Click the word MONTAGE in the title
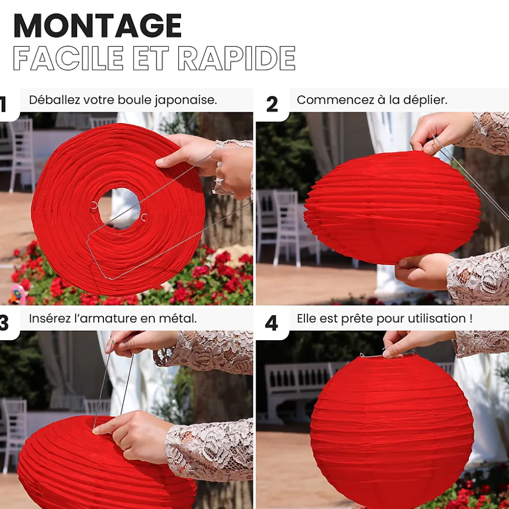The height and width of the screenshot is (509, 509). point(98,26)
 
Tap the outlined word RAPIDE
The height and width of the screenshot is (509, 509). point(237,58)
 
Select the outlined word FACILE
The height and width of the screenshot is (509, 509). point(68,58)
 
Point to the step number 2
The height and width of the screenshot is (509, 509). point(272,104)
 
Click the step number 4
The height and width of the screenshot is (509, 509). point(271,323)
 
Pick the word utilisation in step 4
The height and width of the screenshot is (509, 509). point(437,318)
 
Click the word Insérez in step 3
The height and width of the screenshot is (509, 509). point(49,318)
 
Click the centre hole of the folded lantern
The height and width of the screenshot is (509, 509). point(119,208)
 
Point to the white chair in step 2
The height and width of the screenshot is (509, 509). point(286,227)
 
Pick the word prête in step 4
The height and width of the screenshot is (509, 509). point(356,319)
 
